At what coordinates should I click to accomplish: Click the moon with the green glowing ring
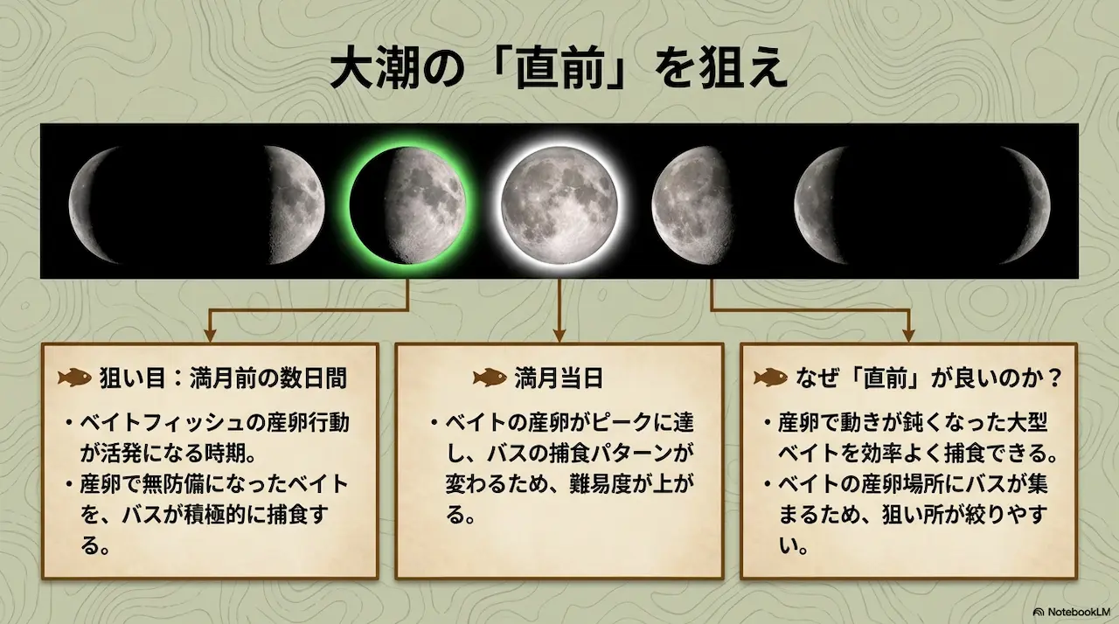point(407,205)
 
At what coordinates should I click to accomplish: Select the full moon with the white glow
point(559,205)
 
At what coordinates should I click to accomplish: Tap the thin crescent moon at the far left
point(96,205)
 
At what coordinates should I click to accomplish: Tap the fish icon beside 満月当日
point(490,378)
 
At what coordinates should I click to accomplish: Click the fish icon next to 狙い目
point(76,378)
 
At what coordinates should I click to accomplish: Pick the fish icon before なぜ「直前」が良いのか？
point(770,378)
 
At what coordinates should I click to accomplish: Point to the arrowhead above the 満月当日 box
point(559,333)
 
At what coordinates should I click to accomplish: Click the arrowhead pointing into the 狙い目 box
point(209,333)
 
